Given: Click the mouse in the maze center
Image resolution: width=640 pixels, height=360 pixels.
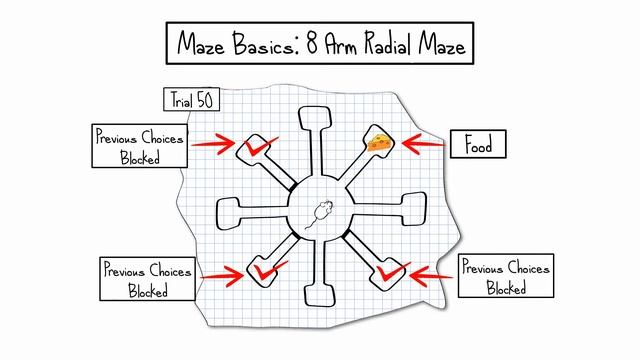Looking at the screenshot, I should point(321,213).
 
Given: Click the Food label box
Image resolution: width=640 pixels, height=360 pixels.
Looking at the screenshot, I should point(478,145).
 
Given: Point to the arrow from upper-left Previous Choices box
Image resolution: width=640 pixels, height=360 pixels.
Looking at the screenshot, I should point(211,145).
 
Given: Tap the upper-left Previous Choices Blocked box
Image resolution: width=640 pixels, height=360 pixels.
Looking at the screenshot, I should point(139,148).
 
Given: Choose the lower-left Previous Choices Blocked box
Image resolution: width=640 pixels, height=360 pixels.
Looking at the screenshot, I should point(146,280).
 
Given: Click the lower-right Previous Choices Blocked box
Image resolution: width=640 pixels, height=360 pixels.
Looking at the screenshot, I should point(506,276).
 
